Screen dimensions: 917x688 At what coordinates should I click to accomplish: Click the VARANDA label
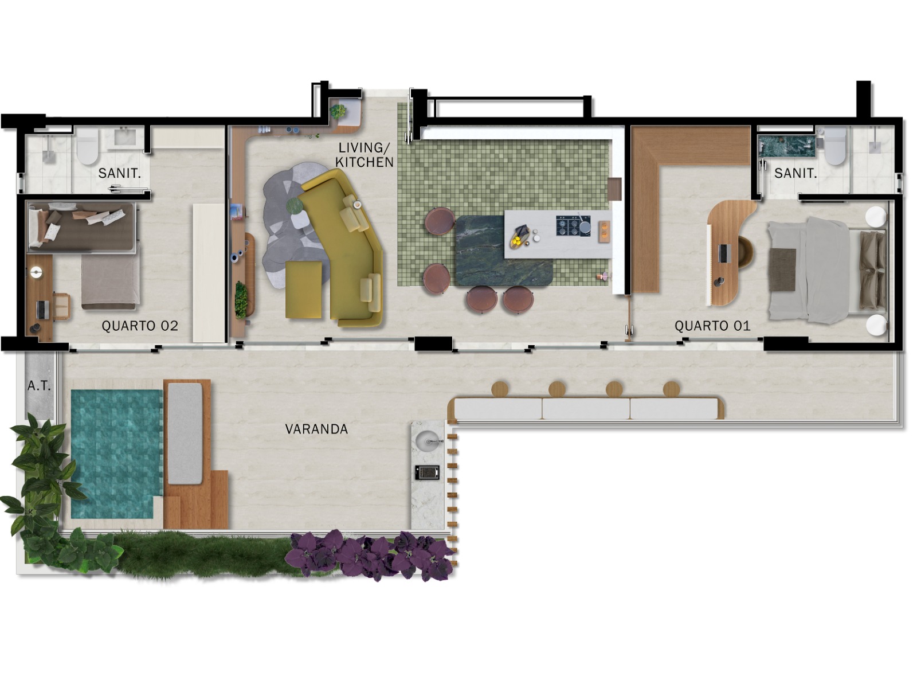coord(316,429)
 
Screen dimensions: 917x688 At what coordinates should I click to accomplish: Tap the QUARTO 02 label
coord(140,326)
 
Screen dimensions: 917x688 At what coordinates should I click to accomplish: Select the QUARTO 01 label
coord(712,326)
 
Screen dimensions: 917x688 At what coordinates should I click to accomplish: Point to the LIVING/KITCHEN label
coord(366,155)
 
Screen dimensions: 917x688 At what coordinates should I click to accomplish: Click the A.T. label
coord(39,386)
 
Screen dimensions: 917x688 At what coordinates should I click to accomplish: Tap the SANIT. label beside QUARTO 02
coord(119,173)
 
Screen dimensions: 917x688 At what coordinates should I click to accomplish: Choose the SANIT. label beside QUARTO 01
coord(795,173)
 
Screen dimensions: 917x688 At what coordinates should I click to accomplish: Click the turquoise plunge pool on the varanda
coord(116,454)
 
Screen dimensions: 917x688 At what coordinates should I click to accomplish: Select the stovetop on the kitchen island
coord(573,226)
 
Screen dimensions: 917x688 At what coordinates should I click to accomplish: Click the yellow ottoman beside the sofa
coord(304,290)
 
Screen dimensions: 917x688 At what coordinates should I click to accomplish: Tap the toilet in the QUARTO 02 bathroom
coord(87,146)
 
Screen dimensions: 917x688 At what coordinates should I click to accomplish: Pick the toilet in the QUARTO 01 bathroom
coord(835,146)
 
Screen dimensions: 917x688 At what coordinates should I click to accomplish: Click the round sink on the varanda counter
coord(428,440)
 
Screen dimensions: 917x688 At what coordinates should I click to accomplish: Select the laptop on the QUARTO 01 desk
coord(723,253)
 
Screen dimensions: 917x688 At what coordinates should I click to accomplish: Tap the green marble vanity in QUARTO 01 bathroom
coord(787,146)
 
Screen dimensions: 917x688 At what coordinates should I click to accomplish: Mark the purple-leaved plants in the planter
coord(370,556)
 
